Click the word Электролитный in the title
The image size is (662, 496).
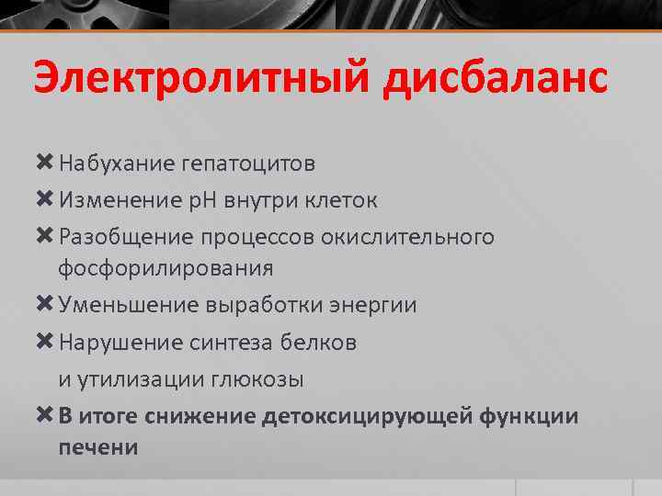[196, 79]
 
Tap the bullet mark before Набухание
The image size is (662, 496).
[44, 163]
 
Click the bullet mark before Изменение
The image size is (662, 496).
[44, 200]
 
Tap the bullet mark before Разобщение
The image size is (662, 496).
[44, 237]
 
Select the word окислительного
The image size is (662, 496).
[407, 237]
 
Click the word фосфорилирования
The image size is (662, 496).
[165, 268]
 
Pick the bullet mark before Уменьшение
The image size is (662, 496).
[44, 305]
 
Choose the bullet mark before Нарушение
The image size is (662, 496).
[44, 342]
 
